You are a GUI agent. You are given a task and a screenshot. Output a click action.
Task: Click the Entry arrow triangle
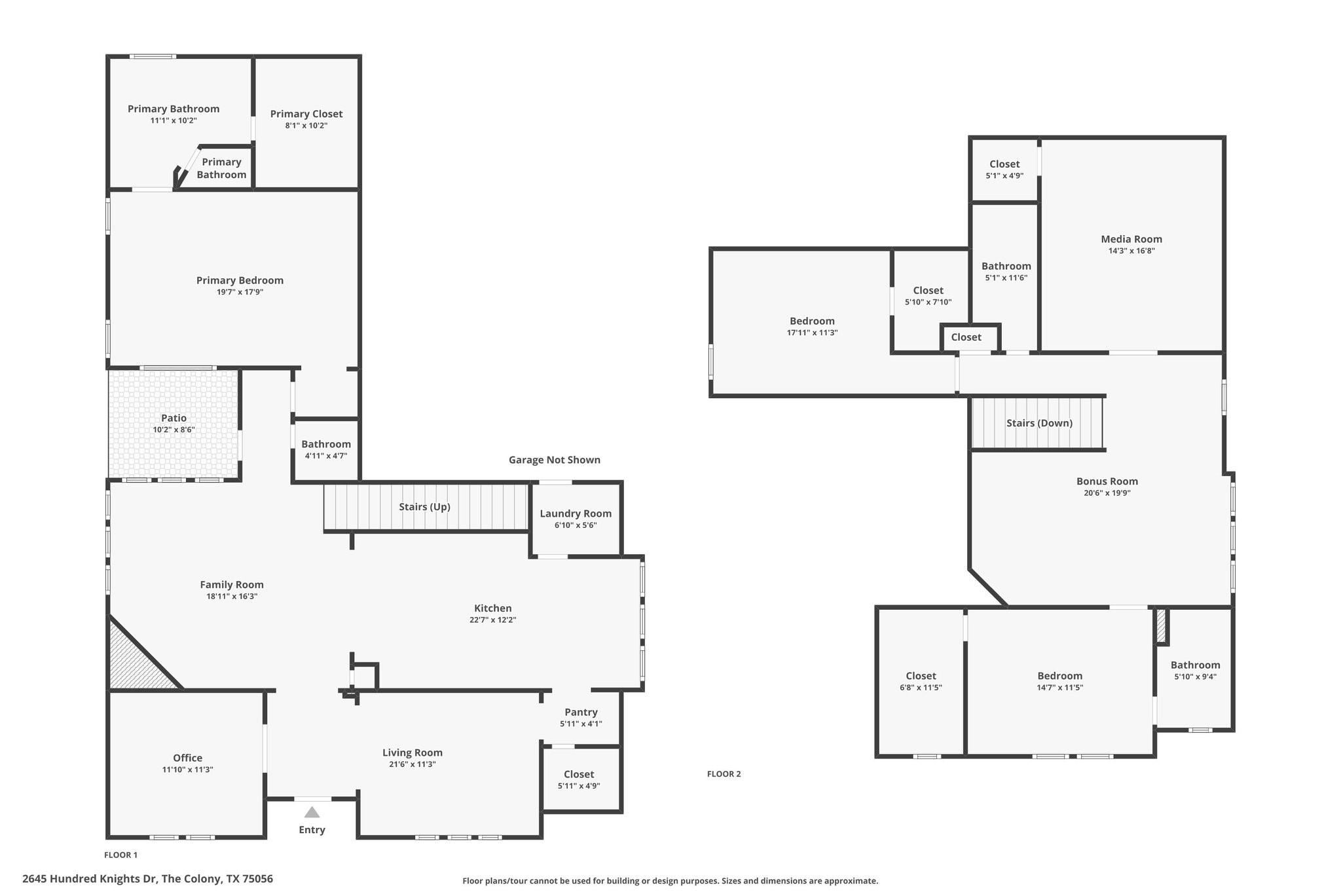coord(312,812)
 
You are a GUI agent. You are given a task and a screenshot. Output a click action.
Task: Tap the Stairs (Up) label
coord(424,507)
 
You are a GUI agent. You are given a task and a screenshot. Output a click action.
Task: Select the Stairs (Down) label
coord(1039,423)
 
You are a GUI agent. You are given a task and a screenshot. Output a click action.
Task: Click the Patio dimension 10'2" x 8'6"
coord(174,430)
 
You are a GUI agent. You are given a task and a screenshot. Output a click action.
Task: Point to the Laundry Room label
coord(576,513)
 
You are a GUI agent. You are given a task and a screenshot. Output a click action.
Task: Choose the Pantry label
coord(581,712)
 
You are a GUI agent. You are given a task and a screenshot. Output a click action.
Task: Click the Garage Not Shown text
coord(554,460)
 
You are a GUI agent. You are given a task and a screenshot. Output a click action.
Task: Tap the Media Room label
coord(1131,239)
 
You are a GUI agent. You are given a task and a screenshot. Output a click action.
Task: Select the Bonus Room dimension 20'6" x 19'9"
coord(1107,493)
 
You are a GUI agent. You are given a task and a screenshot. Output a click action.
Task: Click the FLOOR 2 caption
coord(724,773)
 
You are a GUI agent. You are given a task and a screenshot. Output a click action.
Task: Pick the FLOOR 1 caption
coord(120,855)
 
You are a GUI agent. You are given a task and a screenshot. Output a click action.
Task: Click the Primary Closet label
coord(306,114)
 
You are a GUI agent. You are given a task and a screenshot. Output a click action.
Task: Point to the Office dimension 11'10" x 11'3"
coord(187,770)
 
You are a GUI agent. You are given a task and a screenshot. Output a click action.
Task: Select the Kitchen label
coord(492,608)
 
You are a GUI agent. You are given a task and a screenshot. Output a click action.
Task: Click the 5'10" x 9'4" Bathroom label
coord(1195,665)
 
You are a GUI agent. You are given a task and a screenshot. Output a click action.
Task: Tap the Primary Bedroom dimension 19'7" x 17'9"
coord(240,292)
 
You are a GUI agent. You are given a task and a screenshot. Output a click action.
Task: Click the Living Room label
coord(413,753)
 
